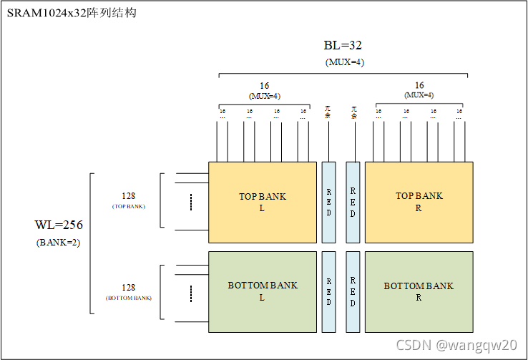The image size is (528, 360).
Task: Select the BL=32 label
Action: tap(343, 46)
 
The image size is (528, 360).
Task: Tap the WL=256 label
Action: tap(59, 225)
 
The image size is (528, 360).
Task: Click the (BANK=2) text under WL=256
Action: tap(59, 242)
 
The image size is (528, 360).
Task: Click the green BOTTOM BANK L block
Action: tap(262, 291)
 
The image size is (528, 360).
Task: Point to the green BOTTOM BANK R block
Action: tap(419, 291)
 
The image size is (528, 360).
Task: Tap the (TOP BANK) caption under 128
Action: tap(129, 206)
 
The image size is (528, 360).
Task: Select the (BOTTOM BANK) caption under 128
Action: tap(129, 297)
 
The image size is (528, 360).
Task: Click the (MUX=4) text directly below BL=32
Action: tap(344, 62)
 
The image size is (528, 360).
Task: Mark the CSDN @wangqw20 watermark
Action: tap(455, 345)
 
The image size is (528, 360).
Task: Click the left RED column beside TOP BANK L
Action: tap(328, 203)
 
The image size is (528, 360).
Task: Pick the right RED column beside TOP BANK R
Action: tap(353, 203)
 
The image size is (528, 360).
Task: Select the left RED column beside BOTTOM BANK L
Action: tap(328, 291)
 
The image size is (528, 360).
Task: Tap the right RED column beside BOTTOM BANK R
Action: tap(353, 291)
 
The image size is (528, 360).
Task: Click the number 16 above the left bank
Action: tap(264, 86)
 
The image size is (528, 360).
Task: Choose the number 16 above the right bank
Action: tap(419, 86)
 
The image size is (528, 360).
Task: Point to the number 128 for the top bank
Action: tap(129, 195)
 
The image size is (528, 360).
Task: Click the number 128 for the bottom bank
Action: tap(129, 286)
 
